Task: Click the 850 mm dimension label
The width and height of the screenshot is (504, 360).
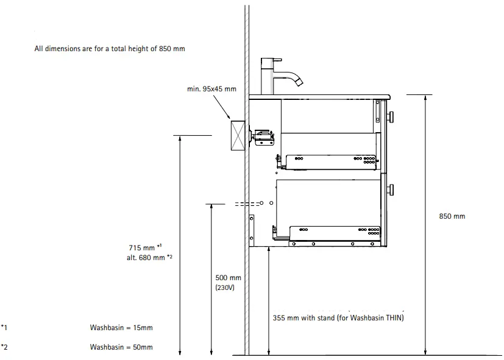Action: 452,216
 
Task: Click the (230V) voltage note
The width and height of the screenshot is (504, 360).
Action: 224,288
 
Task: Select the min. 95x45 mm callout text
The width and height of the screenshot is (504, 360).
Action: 211,89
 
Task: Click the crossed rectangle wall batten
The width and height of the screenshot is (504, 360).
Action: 237,135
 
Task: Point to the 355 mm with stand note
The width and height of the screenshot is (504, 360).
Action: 338,317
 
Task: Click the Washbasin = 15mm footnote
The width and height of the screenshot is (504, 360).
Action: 121,328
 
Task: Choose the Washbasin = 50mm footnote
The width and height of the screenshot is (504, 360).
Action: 121,347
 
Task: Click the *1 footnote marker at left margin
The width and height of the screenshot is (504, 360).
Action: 4,328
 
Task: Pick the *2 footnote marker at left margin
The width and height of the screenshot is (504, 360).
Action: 4,347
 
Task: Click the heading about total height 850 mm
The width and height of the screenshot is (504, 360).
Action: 110,49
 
